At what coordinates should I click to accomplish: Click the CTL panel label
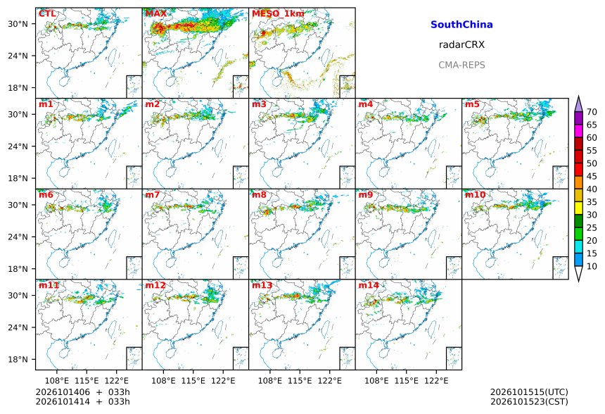tap(47, 14)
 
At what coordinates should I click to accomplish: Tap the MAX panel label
tap(156, 14)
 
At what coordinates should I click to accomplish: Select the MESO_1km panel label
tap(278, 14)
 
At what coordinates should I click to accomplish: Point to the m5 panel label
tap(472, 104)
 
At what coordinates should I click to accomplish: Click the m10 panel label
tap(475, 194)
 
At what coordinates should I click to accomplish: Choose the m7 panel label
tap(153, 194)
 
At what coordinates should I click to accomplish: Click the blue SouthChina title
tap(461, 25)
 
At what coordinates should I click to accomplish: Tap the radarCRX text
tap(461, 45)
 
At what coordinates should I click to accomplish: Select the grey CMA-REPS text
tap(461, 65)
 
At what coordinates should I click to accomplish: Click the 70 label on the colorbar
tap(592, 112)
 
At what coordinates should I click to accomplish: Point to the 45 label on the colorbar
tap(592, 176)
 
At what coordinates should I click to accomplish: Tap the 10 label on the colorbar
tap(592, 266)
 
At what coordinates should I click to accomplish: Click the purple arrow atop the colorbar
tap(578, 104)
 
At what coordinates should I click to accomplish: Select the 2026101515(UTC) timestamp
tap(529, 392)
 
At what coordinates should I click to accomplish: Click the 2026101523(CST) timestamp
tap(529, 401)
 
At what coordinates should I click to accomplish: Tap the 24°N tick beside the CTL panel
tap(18, 56)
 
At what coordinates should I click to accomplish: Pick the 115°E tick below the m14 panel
tap(407, 381)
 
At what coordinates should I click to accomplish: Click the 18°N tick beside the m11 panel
tap(18, 360)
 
